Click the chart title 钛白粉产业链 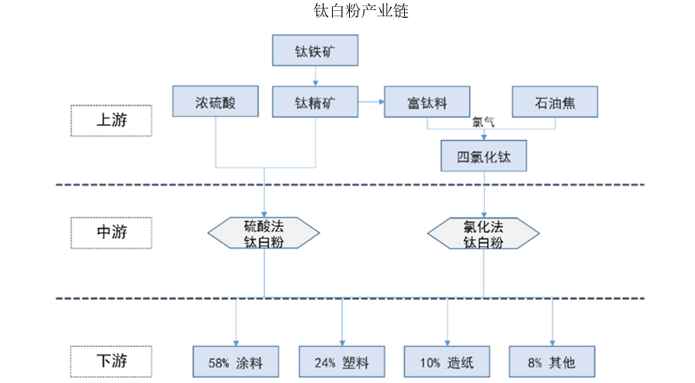click(361, 11)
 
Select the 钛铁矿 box click(315, 50)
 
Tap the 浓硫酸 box click(216, 102)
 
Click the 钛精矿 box click(315, 102)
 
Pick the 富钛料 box click(427, 102)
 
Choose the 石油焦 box click(555, 102)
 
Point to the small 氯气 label click(483, 122)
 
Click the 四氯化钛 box click(483, 156)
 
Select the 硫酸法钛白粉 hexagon click(264, 233)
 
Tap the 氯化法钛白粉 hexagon click(483, 233)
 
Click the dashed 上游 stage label click(111, 120)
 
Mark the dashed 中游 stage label click(111, 232)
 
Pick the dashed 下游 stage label click(111, 361)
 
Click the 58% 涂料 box click(236, 362)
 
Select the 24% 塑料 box click(342, 362)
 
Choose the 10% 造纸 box click(447, 362)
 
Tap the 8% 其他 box click(552, 362)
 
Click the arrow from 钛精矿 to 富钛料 click(371, 102)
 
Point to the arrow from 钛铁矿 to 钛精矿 click(315, 76)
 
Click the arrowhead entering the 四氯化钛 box click(483, 138)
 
